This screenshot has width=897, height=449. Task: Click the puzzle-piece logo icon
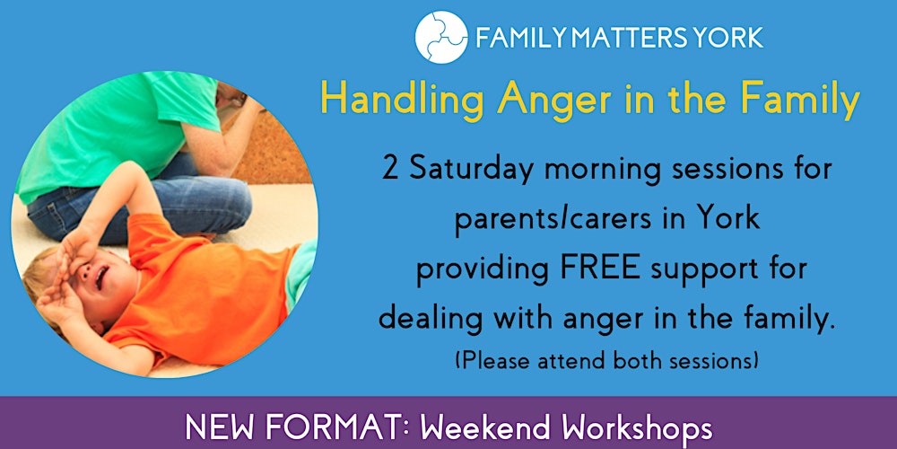point(441,37)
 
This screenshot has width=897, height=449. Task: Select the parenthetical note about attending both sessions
point(606,362)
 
